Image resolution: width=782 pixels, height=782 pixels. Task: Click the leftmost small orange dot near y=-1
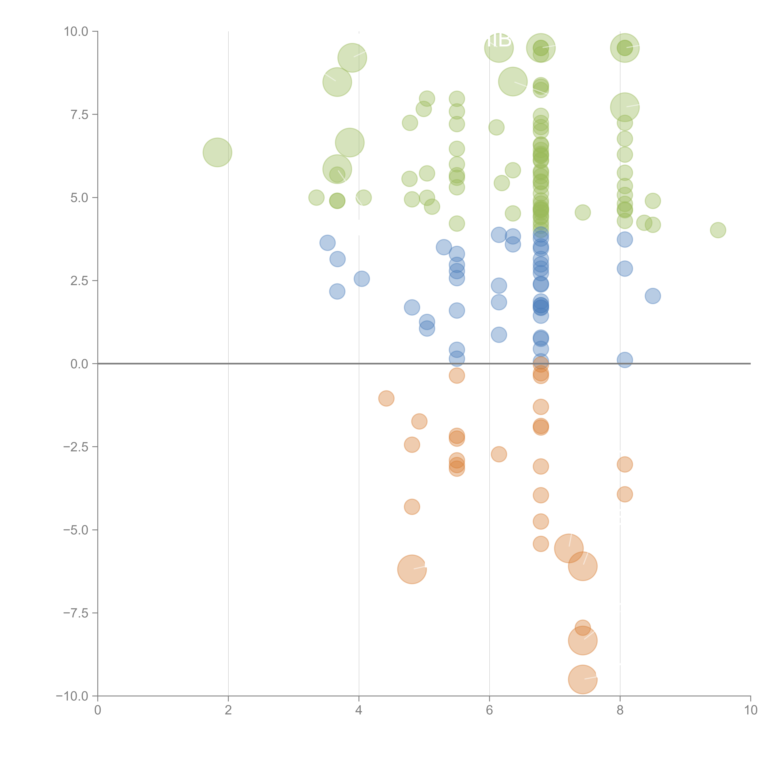pos(386,398)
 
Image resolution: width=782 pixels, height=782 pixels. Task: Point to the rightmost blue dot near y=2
pos(653,296)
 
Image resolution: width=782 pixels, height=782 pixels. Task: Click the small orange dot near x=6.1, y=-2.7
pos(499,454)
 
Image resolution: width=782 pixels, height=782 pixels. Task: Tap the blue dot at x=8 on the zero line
pos(625,359)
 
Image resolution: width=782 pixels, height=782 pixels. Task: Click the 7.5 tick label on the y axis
pos(79,114)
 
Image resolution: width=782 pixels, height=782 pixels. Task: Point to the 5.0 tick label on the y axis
pos(79,198)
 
